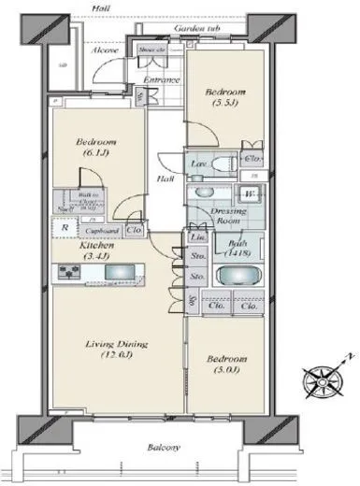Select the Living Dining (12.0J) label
[x=110, y=350]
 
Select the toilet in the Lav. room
[x=223, y=164]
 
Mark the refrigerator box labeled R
[x=63, y=226]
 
